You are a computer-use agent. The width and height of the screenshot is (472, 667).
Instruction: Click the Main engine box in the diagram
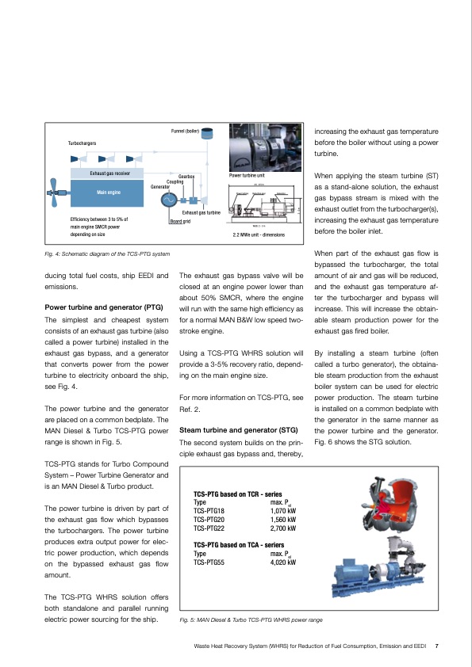tap(109, 192)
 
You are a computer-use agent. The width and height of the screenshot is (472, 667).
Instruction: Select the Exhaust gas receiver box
tap(109, 172)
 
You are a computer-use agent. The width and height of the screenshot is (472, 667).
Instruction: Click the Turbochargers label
tap(83, 143)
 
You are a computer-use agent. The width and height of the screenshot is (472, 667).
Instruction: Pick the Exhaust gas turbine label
tap(201, 213)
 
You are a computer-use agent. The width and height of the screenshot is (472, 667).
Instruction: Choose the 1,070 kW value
tap(283, 511)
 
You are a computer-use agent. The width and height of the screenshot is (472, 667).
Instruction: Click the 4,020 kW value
tap(283, 562)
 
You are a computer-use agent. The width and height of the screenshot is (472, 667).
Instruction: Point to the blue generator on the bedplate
tap(354, 570)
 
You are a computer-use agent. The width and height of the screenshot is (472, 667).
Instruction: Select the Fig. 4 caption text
tap(106, 253)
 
